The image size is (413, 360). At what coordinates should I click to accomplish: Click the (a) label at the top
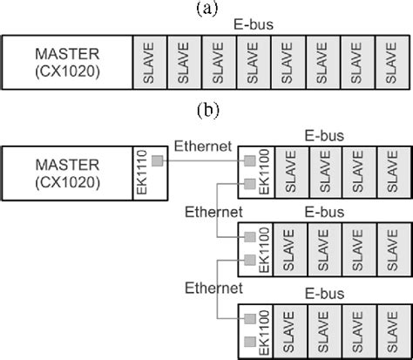pyautogui.click(x=206, y=8)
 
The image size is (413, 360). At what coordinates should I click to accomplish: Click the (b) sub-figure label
pyautogui.click(x=206, y=112)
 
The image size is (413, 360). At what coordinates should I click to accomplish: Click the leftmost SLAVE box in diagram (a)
pyautogui.click(x=148, y=63)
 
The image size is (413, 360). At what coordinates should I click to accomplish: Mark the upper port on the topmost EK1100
pyautogui.click(x=250, y=160)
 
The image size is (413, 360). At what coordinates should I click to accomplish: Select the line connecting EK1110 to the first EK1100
pyautogui.click(x=200, y=160)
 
